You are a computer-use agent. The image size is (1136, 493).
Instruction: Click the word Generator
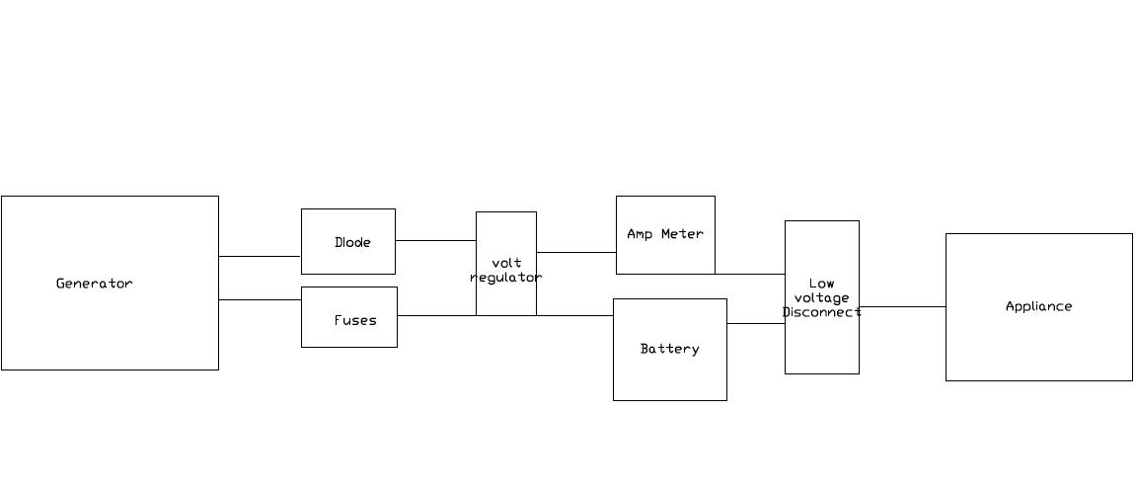[x=94, y=284]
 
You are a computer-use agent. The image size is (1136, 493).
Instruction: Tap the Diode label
[x=352, y=242]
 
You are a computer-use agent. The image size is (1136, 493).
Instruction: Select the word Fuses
[x=354, y=320]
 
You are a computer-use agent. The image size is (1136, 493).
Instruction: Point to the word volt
[x=505, y=263]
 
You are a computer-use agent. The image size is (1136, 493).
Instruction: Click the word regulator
[x=505, y=278]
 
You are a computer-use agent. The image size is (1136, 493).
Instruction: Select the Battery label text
[x=669, y=349]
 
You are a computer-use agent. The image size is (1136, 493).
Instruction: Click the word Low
[x=821, y=284]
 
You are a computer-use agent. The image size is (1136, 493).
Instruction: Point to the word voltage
[x=821, y=297]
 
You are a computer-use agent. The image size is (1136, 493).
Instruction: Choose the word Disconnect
[x=821, y=312]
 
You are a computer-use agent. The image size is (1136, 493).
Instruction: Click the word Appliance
[x=1038, y=306]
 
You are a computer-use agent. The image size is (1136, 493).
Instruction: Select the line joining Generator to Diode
[x=260, y=257]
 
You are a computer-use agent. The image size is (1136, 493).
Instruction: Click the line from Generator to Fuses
[x=260, y=299]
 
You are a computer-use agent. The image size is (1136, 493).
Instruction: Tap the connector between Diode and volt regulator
[x=435, y=240]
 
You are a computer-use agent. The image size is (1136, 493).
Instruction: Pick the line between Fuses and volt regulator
[x=436, y=315]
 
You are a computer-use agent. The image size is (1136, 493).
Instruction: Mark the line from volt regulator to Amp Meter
[x=576, y=252]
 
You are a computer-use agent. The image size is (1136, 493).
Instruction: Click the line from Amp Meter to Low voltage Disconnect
[x=750, y=274]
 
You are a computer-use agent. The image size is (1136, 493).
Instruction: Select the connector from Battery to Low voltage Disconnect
[x=756, y=323]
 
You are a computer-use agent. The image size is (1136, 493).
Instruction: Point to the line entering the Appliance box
[x=902, y=306]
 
